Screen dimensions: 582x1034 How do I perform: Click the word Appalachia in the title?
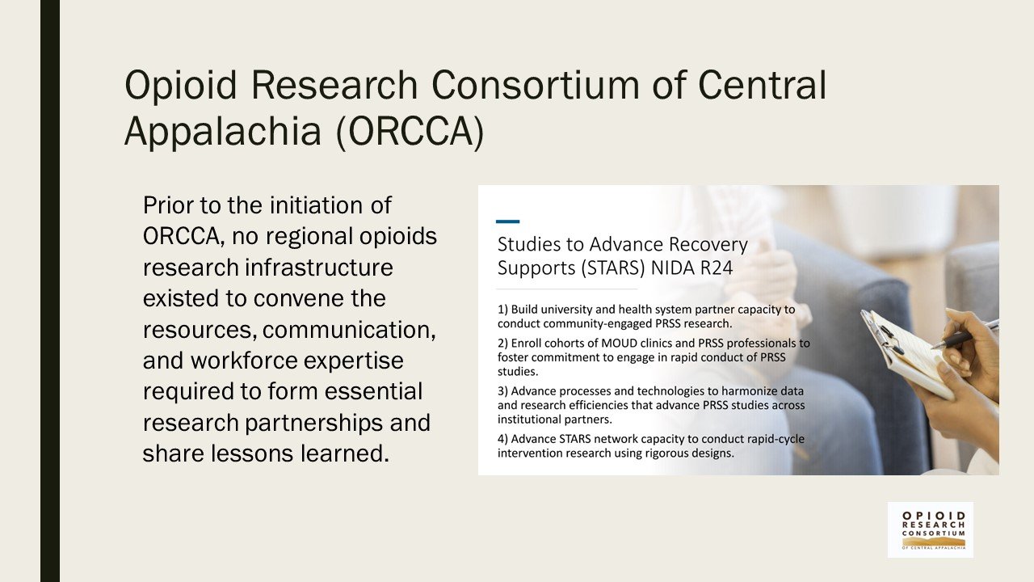[222, 133]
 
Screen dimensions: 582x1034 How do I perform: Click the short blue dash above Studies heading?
[507, 221]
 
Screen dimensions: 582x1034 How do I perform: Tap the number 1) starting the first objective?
[503, 310]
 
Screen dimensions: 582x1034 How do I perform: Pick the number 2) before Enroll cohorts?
[503, 343]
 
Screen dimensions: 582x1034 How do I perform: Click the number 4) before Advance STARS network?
[503, 439]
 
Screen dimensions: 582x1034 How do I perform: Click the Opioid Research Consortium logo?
[931, 529]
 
